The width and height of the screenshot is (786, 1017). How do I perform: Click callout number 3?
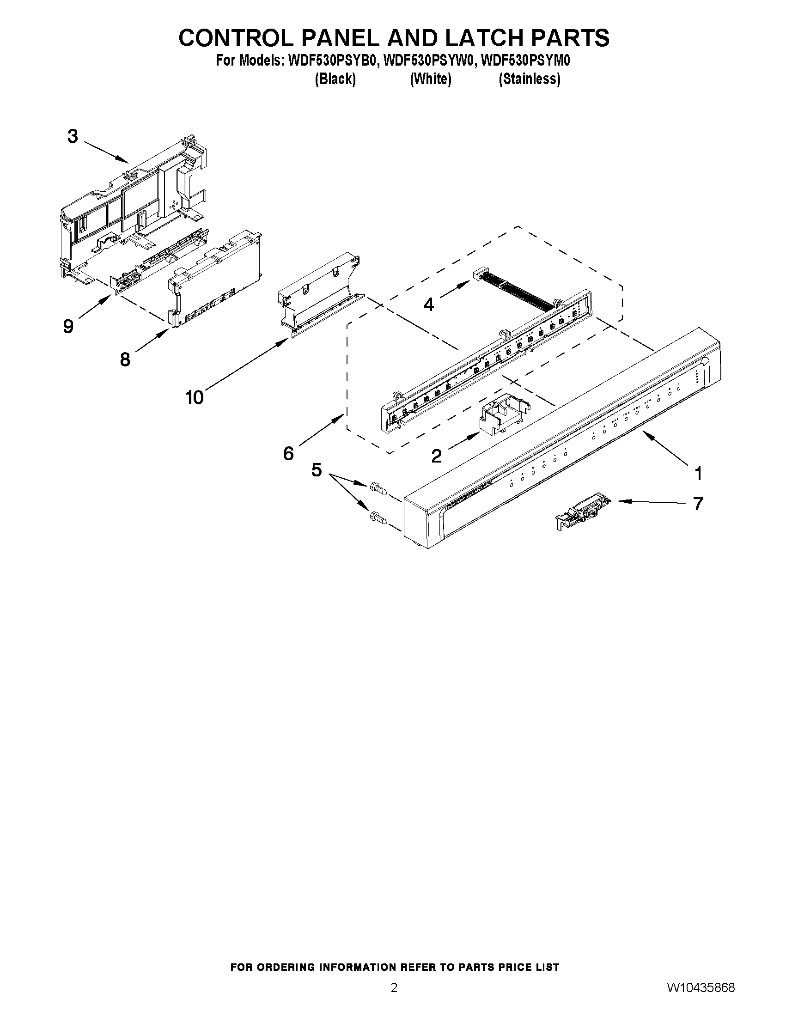point(73,136)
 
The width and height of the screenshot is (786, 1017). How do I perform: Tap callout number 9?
point(68,326)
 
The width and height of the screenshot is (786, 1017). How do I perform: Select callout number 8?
point(125,359)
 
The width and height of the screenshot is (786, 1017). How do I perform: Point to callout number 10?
point(194,397)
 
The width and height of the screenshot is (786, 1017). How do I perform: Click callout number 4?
point(428,304)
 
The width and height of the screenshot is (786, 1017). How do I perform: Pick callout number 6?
point(288,453)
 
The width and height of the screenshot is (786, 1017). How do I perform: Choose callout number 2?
point(436,456)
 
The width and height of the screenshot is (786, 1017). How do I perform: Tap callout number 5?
point(316,470)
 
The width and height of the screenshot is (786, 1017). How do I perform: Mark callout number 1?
point(698,474)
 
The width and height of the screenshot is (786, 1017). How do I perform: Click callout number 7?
point(698,503)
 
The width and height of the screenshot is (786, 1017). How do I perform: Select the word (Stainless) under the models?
point(530,79)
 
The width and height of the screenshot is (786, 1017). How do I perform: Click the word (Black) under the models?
point(335,79)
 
